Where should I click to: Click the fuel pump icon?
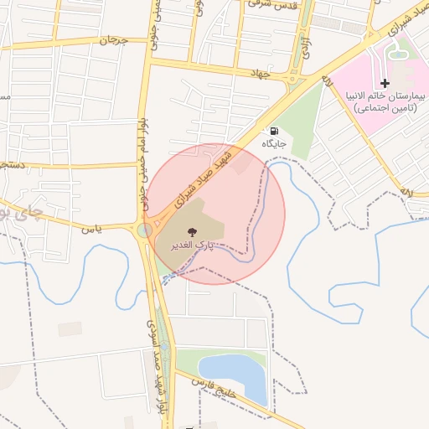coord(274,132)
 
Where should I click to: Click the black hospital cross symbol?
coord(385,83)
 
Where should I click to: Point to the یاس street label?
coord(91,228)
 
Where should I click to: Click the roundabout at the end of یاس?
coord(144,230)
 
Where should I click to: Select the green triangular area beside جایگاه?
coord(297,117)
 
